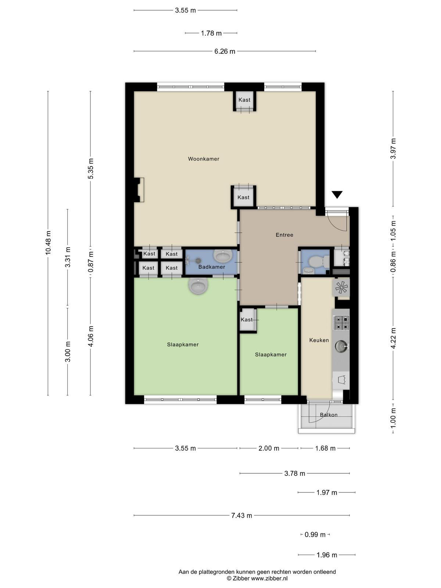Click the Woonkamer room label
(x=204, y=159)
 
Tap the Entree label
(x=284, y=235)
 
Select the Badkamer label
(x=212, y=267)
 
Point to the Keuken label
(x=319, y=340)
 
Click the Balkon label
(x=329, y=415)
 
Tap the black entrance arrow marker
(x=337, y=194)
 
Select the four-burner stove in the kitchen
(x=341, y=323)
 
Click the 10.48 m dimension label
(x=48, y=243)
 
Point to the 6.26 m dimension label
(x=225, y=51)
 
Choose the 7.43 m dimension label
(x=241, y=515)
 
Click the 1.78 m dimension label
(x=211, y=33)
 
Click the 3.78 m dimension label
(x=294, y=473)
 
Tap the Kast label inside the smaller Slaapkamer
(x=247, y=320)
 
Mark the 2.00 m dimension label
(x=269, y=448)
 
